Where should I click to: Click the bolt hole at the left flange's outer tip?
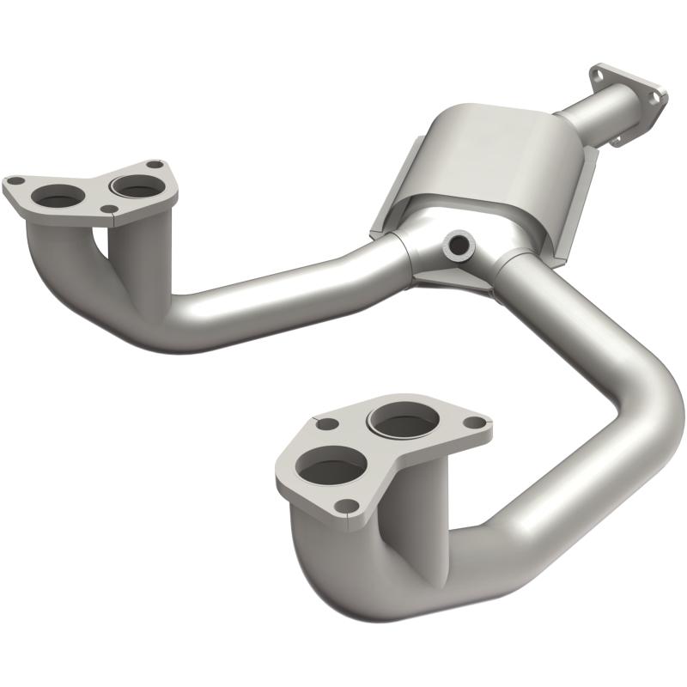(14, 181)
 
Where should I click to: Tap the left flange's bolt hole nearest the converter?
(154, 164)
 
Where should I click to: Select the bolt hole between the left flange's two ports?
(108, 208)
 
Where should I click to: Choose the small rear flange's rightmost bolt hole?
(654, 100)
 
